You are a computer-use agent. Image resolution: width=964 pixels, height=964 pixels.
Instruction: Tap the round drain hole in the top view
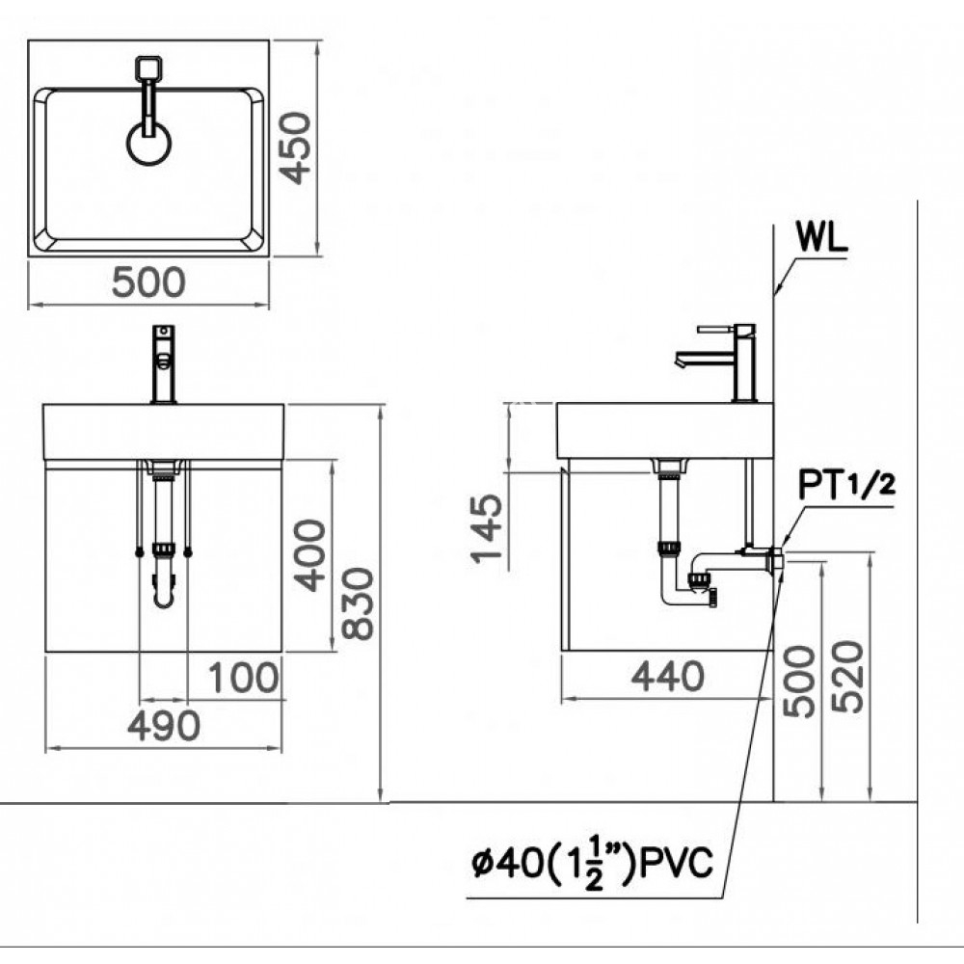point(149,144)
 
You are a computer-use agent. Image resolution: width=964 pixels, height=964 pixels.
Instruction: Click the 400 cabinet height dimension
point(309,554)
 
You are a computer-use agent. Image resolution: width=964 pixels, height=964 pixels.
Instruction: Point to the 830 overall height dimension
point(357,603)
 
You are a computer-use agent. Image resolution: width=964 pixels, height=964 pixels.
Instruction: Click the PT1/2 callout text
point(846,485)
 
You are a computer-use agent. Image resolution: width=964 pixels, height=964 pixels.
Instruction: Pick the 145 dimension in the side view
point(489,531)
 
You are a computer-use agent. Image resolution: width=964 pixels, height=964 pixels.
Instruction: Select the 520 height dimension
point(848,677)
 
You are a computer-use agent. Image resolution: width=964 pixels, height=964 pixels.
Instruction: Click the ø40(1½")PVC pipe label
point(591,863)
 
